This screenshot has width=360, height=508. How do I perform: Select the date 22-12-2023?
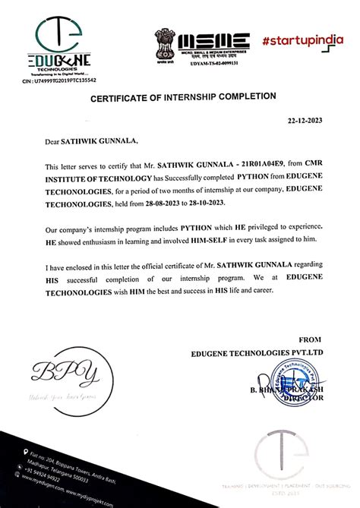[306, 121]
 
